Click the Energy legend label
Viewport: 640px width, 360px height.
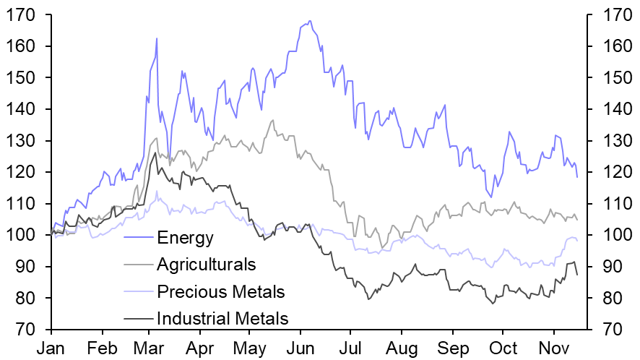185,237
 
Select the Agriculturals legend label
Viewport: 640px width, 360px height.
206,265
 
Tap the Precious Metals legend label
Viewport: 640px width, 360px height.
220,292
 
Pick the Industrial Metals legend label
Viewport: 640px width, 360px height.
222,319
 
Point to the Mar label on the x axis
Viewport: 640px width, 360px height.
150,348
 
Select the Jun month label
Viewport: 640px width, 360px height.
300,348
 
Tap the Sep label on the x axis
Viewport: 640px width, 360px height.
453,348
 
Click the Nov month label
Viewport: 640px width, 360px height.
553,348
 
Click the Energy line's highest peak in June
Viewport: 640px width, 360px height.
309,21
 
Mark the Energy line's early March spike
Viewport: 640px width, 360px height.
156,38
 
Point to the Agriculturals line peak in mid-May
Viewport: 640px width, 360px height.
272,120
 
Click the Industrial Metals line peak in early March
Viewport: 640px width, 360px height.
155,152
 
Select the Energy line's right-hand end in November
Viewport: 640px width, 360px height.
577,177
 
